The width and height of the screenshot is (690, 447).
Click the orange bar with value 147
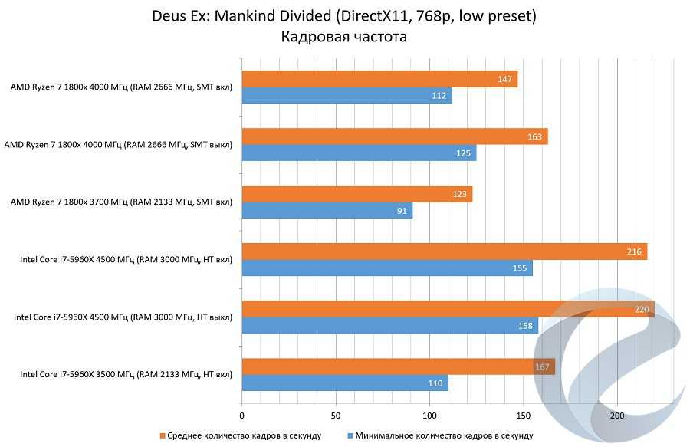click(379, 79)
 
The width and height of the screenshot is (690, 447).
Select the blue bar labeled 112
click(347, 96)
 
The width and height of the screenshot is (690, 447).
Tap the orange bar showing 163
click(394, 137)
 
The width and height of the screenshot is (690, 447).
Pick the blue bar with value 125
click(359, 154)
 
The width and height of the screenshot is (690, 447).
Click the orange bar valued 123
click(356, 195)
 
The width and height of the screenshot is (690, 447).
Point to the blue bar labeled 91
click(327, 211)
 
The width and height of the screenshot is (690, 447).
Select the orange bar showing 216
click(444, 251)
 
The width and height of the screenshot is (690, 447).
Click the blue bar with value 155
click(386, 268)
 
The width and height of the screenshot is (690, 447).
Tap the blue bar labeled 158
click(389, 326)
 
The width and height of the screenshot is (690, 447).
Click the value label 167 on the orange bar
click(542, 367)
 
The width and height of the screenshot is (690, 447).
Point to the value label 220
click(642, 310)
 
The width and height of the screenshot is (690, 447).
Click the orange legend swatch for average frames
click(162, 435)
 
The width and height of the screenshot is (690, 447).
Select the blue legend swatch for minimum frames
click(350, 435)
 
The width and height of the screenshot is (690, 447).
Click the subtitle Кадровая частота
click(344, 36)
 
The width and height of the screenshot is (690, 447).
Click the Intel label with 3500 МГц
click(126, 375)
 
